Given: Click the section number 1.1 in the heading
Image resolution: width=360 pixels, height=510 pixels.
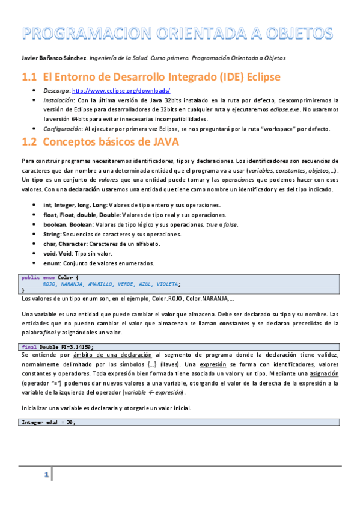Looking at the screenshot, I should click(x=29, y=77).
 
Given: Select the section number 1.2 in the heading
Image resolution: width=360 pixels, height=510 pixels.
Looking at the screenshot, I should click(x=29, y=143).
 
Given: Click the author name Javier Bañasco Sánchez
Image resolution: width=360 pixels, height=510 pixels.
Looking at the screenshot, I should click(x=46, y=58).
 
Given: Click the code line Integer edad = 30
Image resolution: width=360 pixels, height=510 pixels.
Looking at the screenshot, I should click(x=48, y=422).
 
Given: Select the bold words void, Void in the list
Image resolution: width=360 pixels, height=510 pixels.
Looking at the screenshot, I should click(x=58, y=253).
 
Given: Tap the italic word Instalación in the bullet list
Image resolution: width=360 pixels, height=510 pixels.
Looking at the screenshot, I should click(x=59, y=100).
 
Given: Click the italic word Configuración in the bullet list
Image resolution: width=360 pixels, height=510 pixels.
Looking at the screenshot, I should click(x=63, y=129).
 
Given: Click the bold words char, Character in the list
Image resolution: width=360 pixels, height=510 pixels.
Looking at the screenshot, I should click(x=66, y=244).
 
